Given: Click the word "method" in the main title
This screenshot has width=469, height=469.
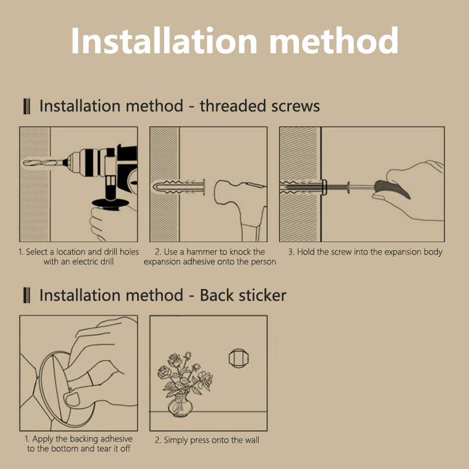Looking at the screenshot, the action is (334, 40).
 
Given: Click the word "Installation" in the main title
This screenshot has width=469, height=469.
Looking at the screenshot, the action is (164, 40).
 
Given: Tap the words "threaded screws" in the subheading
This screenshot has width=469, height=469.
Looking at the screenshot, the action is (260, 106).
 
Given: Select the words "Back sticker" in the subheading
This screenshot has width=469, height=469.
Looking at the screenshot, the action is (243, 295).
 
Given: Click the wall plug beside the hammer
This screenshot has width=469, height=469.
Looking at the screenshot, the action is (179, 187).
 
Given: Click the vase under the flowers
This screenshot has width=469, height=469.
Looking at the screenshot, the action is (180, 406).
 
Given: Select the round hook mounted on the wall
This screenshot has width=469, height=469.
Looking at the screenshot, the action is (239, 358).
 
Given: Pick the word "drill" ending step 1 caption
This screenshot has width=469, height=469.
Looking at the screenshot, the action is (108, 261).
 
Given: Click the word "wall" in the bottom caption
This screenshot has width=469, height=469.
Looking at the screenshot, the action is (252, 440).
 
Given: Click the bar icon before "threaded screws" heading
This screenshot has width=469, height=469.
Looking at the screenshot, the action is (26, 107).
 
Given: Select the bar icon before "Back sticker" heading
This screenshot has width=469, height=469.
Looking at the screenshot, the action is (26, 295).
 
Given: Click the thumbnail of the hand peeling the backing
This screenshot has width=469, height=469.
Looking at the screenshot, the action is (79, 373).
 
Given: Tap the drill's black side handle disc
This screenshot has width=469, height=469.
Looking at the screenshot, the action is (110, 203).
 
